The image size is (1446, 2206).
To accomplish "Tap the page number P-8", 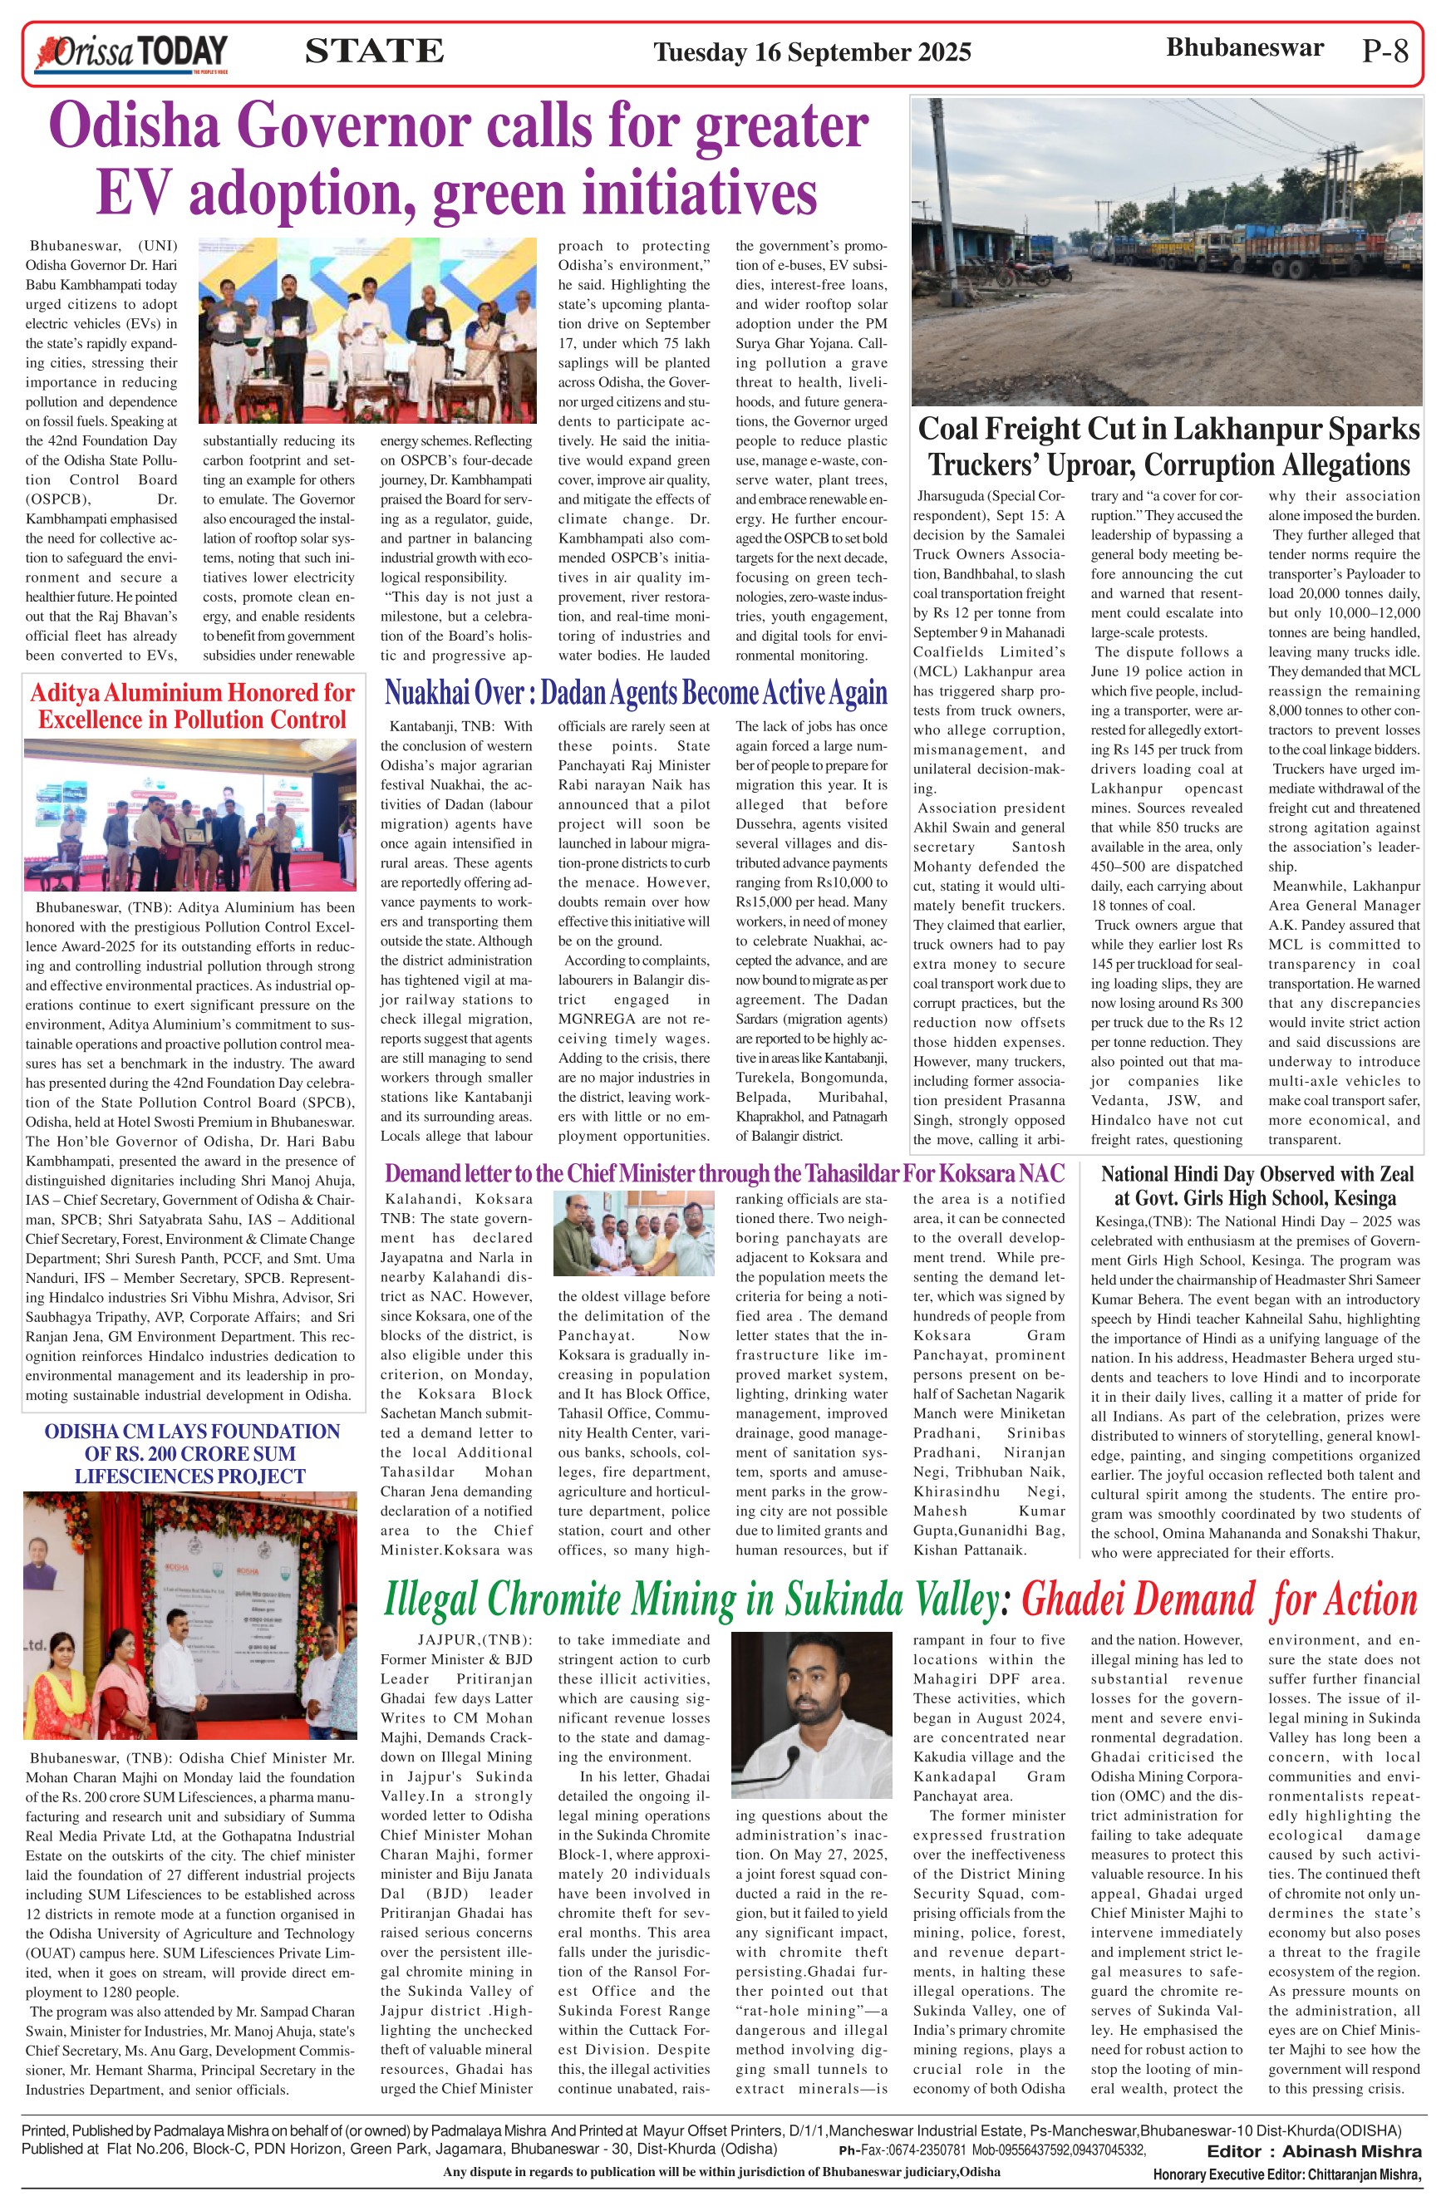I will (x=1385, y=50).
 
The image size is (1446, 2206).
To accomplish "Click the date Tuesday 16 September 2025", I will (x=812, y=52).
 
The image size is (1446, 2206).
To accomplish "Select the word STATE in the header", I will (x=374, y=51).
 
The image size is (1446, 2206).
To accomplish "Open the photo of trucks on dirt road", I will (x=1166, y=251).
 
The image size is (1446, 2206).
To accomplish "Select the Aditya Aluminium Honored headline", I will (x=192, y=706).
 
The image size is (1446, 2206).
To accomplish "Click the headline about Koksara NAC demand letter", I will (x=724, y=1173).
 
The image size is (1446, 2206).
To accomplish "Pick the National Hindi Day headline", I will (x=1256, y=1186).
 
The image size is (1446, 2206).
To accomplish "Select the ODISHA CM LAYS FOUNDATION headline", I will (x=191, y=1453).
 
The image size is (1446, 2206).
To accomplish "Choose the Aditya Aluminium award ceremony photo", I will (x=190, y=815).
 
